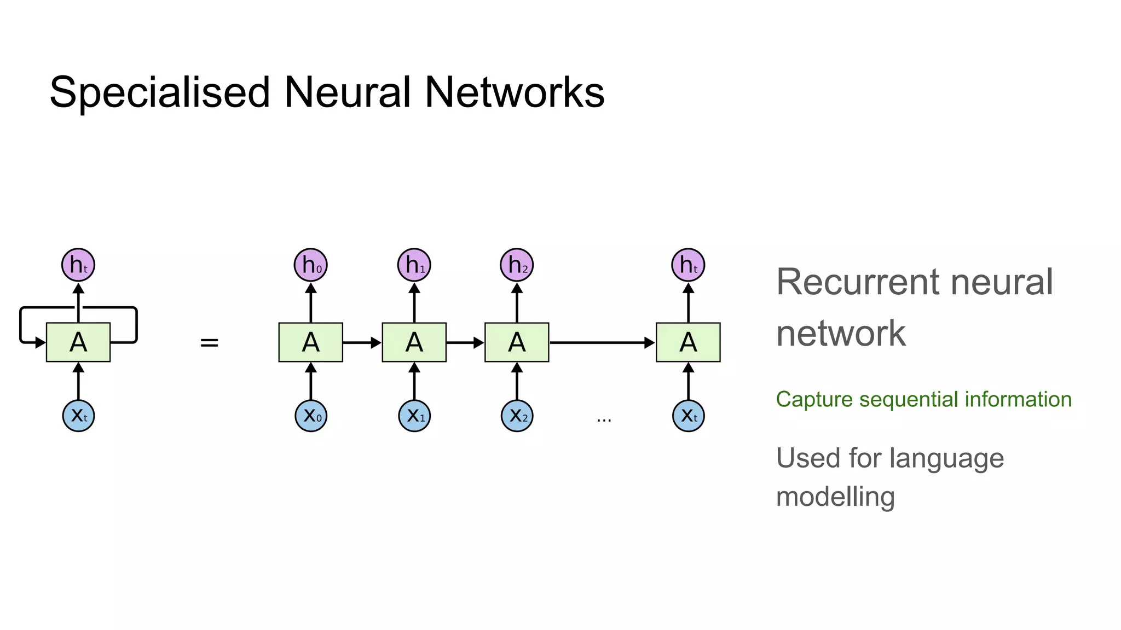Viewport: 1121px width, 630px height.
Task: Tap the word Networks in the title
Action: coord(515,92)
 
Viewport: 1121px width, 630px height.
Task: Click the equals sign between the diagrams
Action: coord(209,343)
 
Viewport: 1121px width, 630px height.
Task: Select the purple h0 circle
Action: coord(311,265)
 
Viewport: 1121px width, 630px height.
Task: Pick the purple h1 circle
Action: coord(414,265)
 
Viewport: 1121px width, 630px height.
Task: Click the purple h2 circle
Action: coord(517,265)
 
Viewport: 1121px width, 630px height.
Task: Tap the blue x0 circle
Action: coord(311,416)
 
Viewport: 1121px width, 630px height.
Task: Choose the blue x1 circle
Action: coord(414,416)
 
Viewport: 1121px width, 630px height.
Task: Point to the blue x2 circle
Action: coord(517,416)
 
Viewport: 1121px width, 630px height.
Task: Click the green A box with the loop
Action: coord(78,342)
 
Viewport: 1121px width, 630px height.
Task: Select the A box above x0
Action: coord(311,342)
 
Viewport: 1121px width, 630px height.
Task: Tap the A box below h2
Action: coord(517,342)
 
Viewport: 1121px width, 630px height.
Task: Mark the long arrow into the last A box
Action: coord(602,343)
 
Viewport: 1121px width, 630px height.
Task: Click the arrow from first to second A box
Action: coord(362,343)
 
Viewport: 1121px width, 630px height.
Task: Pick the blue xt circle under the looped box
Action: coord(78,416)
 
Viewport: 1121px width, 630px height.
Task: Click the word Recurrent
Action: coord(859,282)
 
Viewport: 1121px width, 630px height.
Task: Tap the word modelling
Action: coord(835,497)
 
